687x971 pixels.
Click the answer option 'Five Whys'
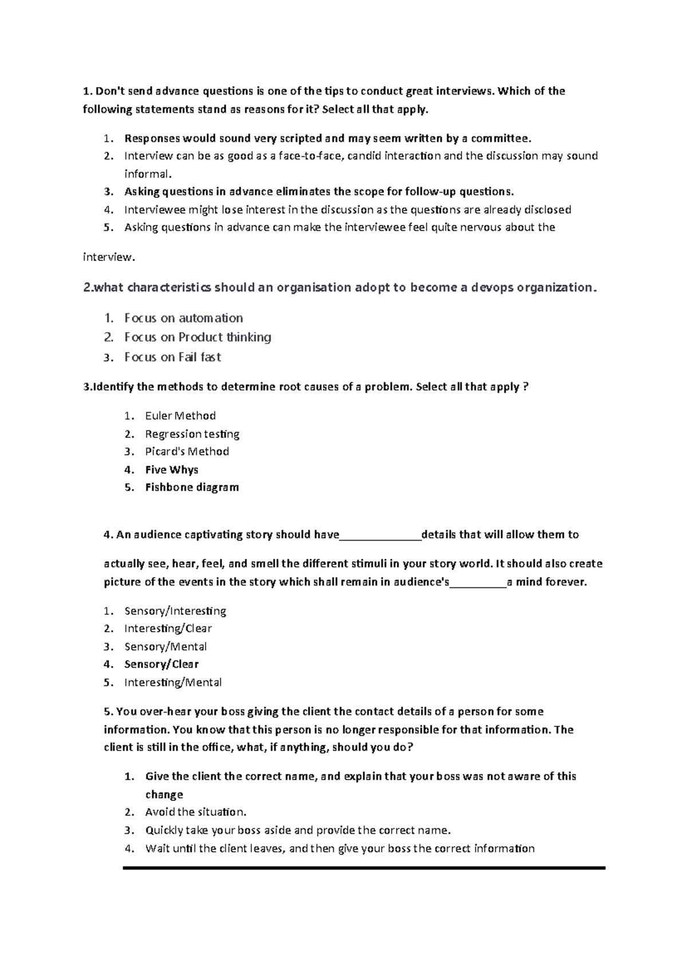tap(171, 469)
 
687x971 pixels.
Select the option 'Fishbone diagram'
tap(192, 487)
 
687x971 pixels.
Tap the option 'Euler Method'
tap(180, 416)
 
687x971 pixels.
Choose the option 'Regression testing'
tap(192, 434)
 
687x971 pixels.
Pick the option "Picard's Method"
tap(187, 451)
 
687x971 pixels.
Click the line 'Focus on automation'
tap(183, 318)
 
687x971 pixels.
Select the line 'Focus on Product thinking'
tap(198, 337)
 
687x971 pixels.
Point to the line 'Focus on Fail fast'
tap(172, 357)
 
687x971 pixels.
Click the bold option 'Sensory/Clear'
tap(161, 664)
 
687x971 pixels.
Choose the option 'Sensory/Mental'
tap(165, 646)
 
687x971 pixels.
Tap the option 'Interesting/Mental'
tap(173, 682)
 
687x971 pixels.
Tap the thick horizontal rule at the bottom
tap(364, 868)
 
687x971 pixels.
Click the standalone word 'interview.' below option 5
tap(109, 257)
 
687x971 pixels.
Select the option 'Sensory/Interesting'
tap(175, 611)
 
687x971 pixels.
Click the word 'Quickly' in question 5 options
tap(164, 830)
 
